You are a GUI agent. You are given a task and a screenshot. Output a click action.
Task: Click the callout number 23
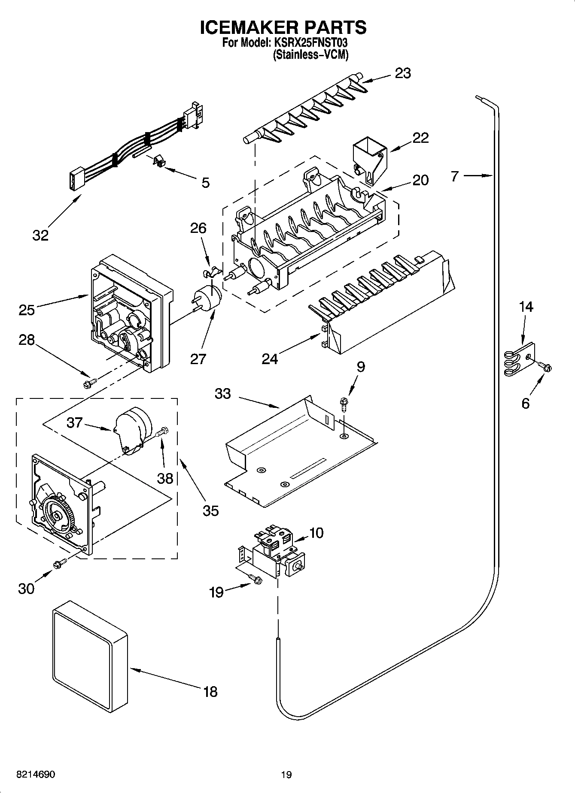click(x=403, y=73)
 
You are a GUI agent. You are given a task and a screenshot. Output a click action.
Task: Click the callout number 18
click(x=210, y=691)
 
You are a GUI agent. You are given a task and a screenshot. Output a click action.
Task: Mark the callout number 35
click(x=210, y=510)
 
